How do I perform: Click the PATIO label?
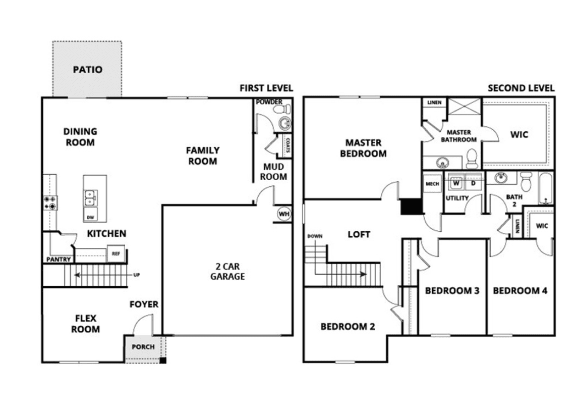point(88,70)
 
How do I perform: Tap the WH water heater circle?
point(284,214)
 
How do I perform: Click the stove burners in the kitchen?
point(50,202)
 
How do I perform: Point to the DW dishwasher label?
point(90,217)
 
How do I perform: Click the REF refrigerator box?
point(116,253)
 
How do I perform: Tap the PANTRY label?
point(59,260)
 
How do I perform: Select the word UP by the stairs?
point(137,275)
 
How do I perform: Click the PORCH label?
point(143,347)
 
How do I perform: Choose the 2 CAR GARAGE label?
point(227,272)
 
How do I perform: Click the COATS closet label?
point(287,145)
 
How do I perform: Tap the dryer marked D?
point(473,183)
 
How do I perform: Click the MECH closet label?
point(432,184)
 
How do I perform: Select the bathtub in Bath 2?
point(546,188)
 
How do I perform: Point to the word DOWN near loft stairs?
point(315,236)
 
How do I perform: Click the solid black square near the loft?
point(411,206)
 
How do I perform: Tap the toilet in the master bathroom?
point(472,159)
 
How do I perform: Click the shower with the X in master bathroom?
point(464,107)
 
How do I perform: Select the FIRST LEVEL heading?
point(266,88)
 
